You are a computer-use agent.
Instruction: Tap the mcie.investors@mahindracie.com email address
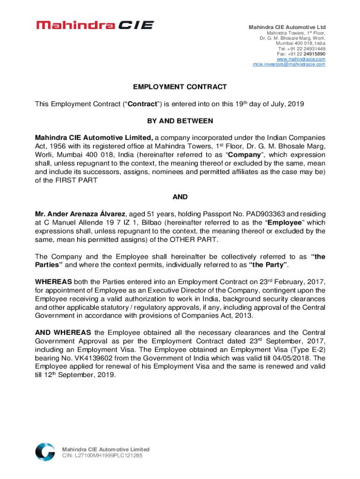(289, 64)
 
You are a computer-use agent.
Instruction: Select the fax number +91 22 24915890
(307, 54)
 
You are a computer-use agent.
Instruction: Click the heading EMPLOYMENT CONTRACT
(180, 87)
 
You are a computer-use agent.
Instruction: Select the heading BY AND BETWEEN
(180, 121)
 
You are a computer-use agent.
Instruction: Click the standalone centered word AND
(180, 197)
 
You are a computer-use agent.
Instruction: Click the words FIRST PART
(70, 181)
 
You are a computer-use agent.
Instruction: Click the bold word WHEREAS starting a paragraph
(53, 282)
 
